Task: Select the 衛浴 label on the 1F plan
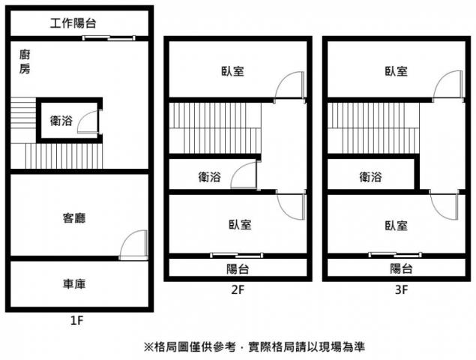[61, 120]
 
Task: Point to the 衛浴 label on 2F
[210, 177]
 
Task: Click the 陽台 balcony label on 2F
[238, 268]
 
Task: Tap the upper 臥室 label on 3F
[396, 71]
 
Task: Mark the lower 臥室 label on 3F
[396, 224]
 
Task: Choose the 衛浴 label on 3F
[371, 177]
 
